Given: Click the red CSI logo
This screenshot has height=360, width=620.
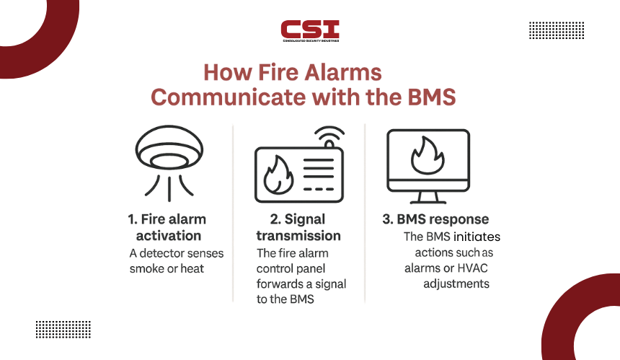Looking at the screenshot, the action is click(x=310, y=31).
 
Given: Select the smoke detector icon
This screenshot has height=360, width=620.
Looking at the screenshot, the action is click(x=169, y=163).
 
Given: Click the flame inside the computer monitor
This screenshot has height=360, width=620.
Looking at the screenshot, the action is click(x=428, y=156).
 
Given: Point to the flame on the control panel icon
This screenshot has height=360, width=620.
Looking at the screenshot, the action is click(x=278, y=175).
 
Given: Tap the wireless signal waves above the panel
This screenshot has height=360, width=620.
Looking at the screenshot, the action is click(x=329, y=136).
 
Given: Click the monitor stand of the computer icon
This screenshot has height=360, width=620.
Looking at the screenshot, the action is click(x=428, y=198).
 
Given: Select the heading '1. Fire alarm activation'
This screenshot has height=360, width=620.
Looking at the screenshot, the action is click(x=168, y=227).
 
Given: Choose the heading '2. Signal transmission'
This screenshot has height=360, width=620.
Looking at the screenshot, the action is click(x=298, y=227).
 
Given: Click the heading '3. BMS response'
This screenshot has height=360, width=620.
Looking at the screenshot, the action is click(x=435, y=219).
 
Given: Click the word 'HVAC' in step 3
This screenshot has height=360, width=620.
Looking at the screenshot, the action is click(x=472, y=268).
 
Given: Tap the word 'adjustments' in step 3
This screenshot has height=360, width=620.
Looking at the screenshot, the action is click(x=456, y=284).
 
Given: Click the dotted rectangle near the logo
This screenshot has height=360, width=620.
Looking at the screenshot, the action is click(x=557, y=30).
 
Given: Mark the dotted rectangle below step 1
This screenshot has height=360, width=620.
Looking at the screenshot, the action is click(x=63, y=330).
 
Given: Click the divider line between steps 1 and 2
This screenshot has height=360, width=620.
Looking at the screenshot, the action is click(x=233, y=214).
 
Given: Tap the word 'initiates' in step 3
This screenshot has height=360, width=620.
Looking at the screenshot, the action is click(x=477, y=237).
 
